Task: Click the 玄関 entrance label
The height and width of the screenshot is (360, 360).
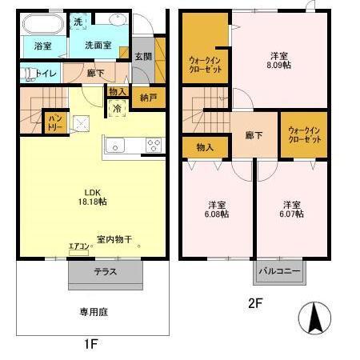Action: coord(142,56)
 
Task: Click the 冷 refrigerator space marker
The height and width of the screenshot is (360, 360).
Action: coord(118,108)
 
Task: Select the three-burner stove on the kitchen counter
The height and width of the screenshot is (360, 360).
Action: coord(153,145)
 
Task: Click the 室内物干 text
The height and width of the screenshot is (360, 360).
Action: coord(114,238)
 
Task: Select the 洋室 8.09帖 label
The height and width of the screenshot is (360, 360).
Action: coord(278,61)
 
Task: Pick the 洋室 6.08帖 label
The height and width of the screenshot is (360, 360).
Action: coord(218,209)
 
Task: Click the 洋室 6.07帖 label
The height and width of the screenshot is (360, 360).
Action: coord(291,209)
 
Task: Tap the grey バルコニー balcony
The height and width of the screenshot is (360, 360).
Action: coord(280,271)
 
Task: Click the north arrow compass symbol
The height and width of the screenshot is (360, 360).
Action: coord(314,321)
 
